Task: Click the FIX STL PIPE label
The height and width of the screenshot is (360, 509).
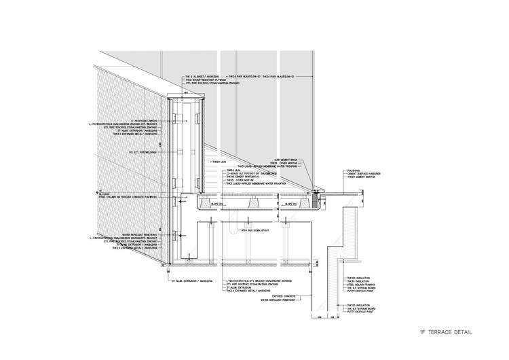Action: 143,153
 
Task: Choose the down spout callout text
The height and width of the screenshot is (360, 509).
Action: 247,230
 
